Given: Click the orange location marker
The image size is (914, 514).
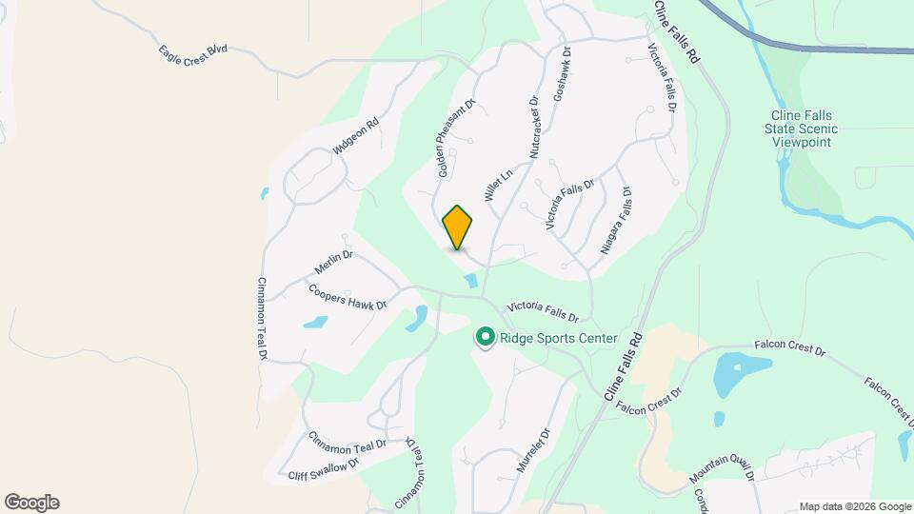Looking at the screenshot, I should tap(458, 227).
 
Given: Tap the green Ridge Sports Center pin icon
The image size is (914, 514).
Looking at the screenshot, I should tap(485, 337).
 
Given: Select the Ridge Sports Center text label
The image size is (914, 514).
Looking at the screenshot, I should tap(559, 338).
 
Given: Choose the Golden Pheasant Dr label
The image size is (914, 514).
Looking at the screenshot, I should tap(455, 138).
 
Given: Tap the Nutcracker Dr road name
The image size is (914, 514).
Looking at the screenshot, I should tap(533, 127).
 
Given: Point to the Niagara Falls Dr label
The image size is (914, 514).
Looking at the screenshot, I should tap(616, 220).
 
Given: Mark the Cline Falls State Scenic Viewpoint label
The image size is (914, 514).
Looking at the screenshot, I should tap(804, 128).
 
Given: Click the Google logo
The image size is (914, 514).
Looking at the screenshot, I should tap(31, 503).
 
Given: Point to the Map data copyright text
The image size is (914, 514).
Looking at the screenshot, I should tap(854, 506).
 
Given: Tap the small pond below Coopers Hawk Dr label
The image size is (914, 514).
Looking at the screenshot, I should tap(315, 323).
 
